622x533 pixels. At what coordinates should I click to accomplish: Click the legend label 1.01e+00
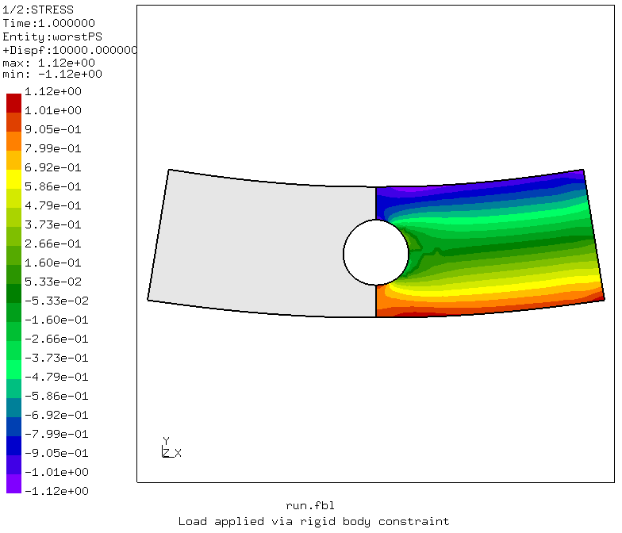coord(52,110)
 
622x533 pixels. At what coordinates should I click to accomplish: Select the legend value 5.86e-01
coord(52,186)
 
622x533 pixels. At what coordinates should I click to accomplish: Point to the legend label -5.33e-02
coord(56,301)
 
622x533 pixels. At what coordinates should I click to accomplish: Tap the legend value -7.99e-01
coord(56,434)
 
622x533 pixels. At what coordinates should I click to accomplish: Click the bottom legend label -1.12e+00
coord(56,491)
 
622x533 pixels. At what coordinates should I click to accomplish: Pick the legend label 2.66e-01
coord(52,243)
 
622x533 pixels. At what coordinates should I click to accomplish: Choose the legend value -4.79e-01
coord(56,377)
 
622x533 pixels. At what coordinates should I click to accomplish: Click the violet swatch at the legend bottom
coord(14,484)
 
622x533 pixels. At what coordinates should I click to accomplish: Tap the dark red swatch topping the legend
coord(14,103)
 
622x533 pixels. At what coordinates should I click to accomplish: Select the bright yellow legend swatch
coord(14,179)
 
